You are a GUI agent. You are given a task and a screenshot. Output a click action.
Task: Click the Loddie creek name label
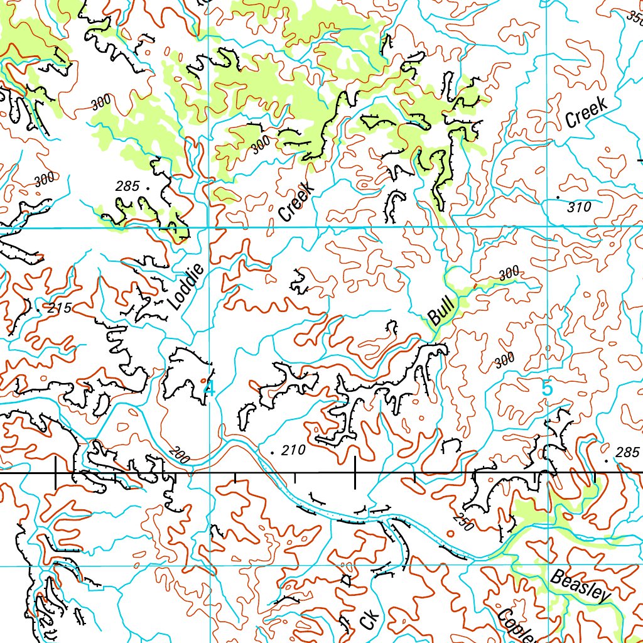click(186, 287)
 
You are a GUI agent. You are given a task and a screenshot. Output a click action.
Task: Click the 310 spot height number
click(578, 207)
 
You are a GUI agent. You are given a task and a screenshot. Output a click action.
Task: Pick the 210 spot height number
click(293, 450)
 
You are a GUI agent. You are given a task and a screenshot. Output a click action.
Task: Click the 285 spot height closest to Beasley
click(627, 452)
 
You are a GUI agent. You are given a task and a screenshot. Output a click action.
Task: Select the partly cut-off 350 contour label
click(634, 18)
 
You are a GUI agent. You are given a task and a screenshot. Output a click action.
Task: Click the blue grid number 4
click(208, 388)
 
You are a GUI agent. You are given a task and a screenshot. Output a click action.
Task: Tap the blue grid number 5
click(547, 389)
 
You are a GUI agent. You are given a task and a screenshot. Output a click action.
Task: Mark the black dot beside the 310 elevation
click(558, 198)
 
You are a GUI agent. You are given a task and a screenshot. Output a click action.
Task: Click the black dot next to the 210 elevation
click(271, 452)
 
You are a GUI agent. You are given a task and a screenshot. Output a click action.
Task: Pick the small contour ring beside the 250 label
click(450, 533)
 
